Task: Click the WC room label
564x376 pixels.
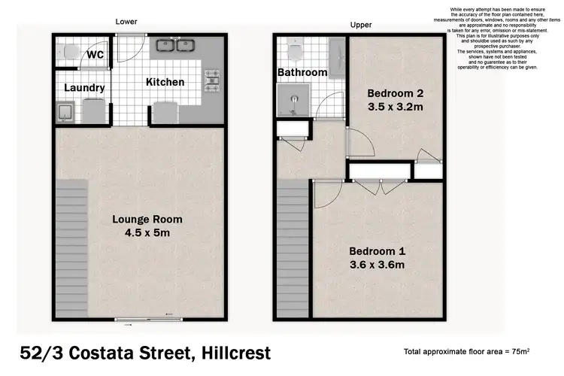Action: pos(95,55)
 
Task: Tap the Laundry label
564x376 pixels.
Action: pos(83,88)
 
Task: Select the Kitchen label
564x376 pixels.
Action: pos(165,81)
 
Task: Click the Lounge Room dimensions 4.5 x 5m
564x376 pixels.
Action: pos(147,232)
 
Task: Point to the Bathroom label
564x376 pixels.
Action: pos(302,72)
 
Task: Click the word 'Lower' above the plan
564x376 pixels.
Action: pos(126,22)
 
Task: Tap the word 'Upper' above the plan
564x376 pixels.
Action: pos(361,25)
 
